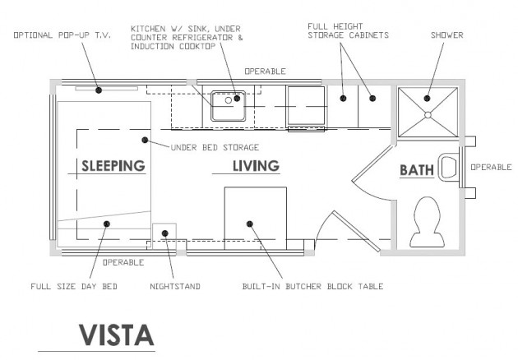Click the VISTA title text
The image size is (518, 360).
coord(117,335)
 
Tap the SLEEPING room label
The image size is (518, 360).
coord(113,166)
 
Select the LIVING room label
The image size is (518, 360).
coord(256,166)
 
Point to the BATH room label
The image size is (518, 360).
coord(417,170)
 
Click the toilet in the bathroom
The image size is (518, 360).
coord(428,222)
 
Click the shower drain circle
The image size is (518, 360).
coord(428,115)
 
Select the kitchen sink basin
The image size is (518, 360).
coord(229,106)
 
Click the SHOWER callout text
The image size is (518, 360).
coord(447,35)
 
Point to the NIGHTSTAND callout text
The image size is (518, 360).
coord(175,286)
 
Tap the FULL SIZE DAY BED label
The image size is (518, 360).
coord(74,286)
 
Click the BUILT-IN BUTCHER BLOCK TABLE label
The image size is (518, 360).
coord(312,286)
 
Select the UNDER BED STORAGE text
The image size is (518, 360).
coord(215,147)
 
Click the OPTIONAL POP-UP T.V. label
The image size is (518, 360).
coord(62,35)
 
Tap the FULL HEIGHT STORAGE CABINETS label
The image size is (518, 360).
coord(348,30)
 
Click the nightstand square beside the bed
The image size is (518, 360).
coord(164,236)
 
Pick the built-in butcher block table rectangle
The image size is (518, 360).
coord(256,218)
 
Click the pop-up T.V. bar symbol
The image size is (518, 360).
coord(106,89)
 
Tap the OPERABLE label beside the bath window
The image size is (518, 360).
coord(491,167)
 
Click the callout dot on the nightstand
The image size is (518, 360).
coord(165,233)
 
